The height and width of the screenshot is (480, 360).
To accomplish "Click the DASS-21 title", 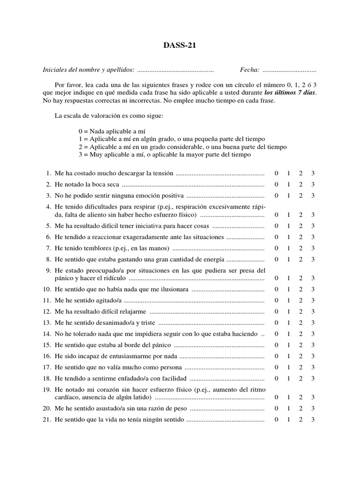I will coord(180,45).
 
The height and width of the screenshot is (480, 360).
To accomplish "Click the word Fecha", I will coord(249,70).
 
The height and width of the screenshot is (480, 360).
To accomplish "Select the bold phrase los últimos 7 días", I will coord(290,93).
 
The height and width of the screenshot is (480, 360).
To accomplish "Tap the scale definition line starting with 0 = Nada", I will coord(115,132).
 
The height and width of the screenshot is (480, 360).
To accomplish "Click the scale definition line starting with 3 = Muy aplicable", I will coord(165,154).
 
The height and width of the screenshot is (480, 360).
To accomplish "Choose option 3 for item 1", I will coord(313,173).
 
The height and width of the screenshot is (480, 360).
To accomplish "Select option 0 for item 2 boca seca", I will coord(277,184).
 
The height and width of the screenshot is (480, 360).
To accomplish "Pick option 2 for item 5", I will coord(300,225).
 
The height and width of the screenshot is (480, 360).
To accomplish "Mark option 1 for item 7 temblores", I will coord(289,248).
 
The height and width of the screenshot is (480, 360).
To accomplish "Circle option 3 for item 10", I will coord(313,289).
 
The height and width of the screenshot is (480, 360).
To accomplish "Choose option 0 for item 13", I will coord(277,323).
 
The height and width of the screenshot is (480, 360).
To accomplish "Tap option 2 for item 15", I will coord(300,345).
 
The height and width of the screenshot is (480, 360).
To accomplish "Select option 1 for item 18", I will coord(289,378).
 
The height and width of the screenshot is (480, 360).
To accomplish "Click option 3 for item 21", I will coord(313,420).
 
